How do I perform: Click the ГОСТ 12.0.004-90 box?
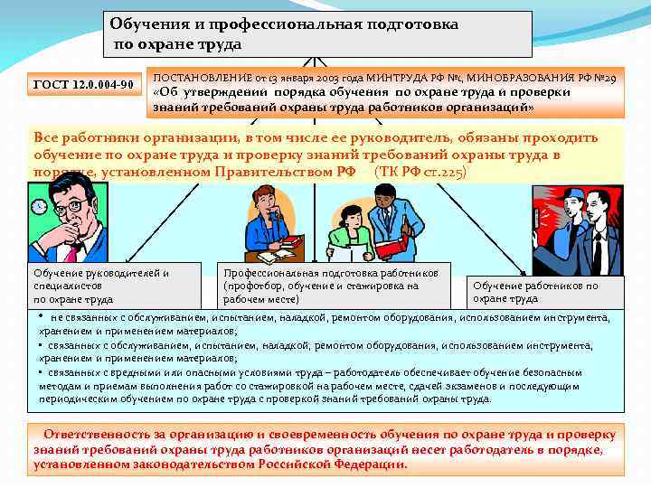[82, 86]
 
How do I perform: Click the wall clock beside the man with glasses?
[39, 207]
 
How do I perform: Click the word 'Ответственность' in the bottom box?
[99, 434]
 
